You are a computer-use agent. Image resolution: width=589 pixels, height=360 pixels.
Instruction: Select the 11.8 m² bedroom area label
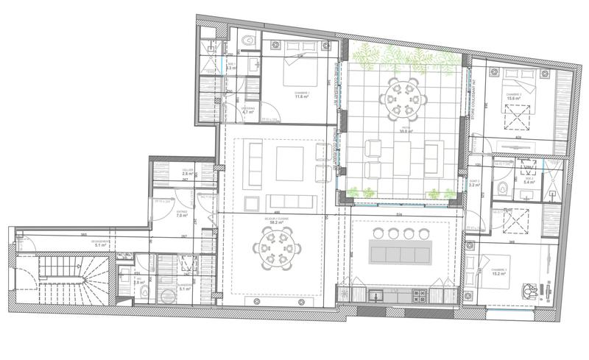click(x=300, y=96)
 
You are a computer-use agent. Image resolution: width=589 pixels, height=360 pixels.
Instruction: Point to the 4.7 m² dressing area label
click(x=249, y=112)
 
